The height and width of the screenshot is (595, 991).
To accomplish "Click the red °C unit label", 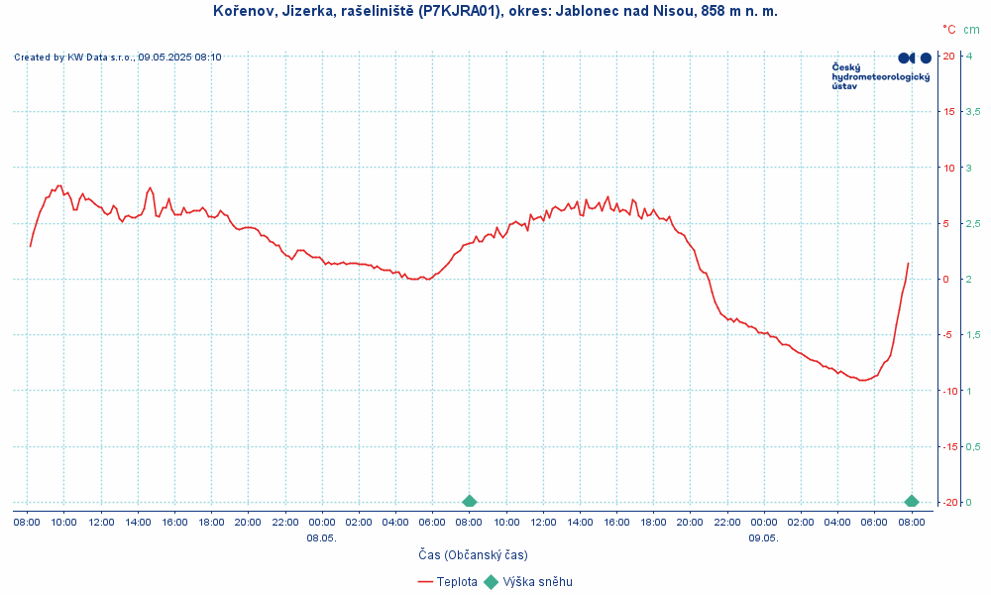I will [x=949, y=30].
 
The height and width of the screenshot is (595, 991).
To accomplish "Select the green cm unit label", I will [x=971, y=30].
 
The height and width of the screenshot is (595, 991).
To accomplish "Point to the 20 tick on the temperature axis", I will [x=948, y=56].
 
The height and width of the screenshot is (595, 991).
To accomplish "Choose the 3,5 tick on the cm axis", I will [x=973, y=111].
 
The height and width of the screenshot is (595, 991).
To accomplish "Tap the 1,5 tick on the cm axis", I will [x=973, y=334].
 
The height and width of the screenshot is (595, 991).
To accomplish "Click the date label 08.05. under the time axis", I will [x=321, y=537].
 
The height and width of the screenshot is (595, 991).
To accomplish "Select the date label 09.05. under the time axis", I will [x=763, y=537].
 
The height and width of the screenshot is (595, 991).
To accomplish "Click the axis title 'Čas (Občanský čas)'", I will [x=472, y=554].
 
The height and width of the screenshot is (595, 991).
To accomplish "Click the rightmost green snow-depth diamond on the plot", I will [x=912, y=501].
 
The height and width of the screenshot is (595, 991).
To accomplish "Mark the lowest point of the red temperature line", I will [x=863, y=380].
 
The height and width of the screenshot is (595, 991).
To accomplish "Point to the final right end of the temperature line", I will [x=908, y=263].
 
